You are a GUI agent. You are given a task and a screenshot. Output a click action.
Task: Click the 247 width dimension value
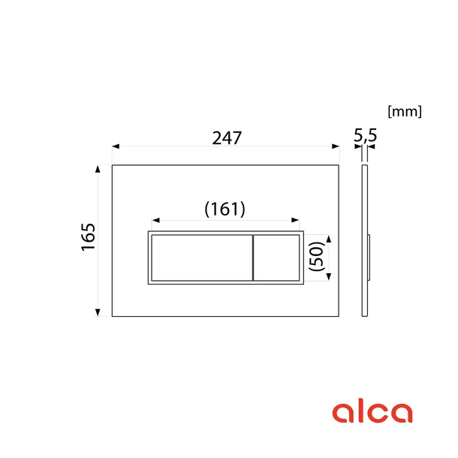pos(226,138)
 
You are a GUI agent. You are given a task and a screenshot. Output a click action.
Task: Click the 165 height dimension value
pos(89,237)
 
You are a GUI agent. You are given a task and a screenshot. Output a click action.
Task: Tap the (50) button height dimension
pos(315,257)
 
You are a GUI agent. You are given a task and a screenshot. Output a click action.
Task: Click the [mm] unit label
pos(404,112)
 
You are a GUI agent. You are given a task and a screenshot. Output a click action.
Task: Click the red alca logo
pos(372,411)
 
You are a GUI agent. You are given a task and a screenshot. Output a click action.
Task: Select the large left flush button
pos(200,258)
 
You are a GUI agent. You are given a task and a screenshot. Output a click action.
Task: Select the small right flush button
pos(276,258)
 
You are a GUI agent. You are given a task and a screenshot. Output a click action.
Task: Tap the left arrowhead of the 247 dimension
pos(115,146)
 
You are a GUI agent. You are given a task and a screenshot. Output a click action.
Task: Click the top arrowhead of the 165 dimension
pos(98,169)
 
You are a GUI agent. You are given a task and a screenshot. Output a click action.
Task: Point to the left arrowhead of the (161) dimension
pos(155,221)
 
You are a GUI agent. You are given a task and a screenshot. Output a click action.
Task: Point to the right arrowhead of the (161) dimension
pos(298,221)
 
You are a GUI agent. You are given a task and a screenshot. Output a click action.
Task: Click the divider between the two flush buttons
pos(252,258)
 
